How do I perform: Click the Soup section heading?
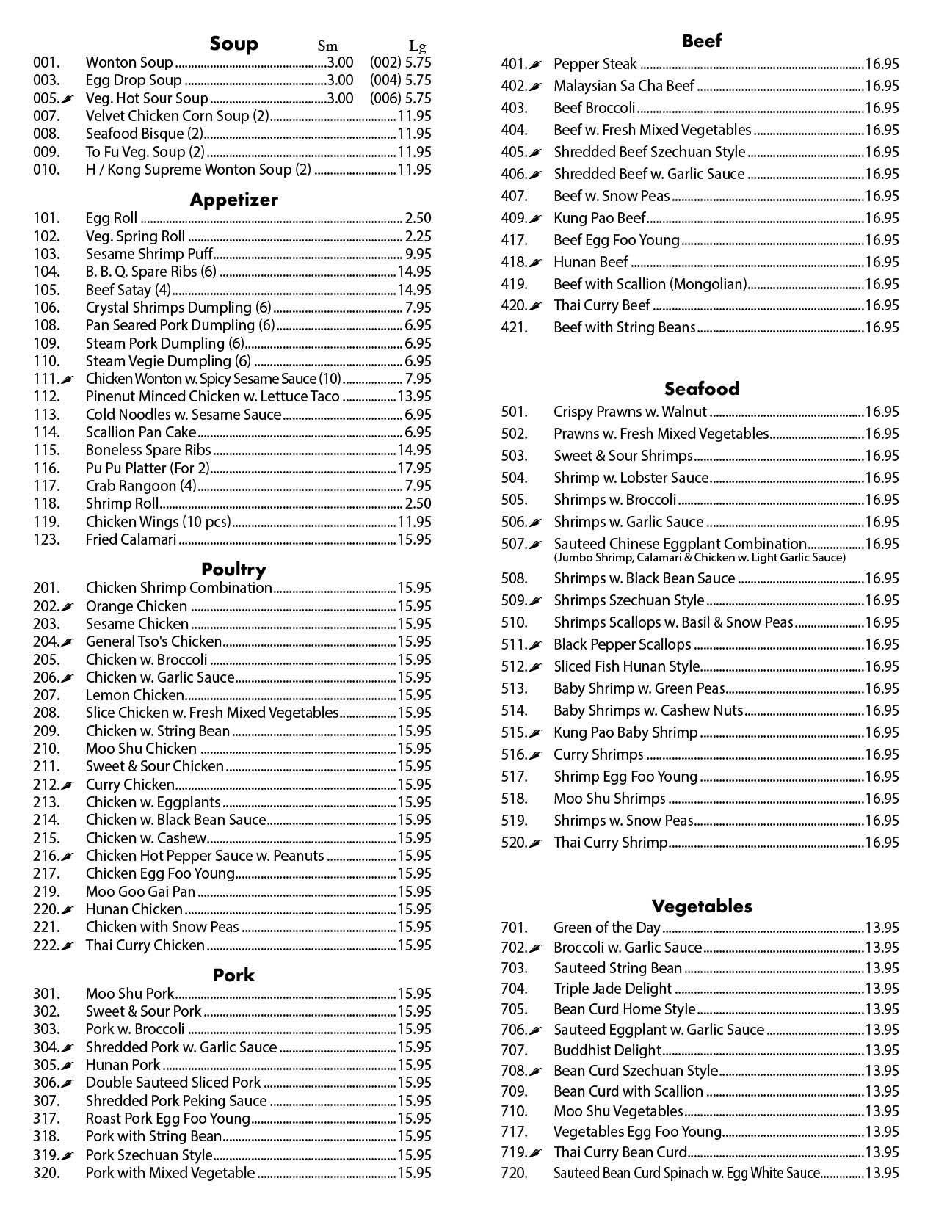pyautogui.click(x=233, y=44)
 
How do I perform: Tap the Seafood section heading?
pyautogui.click(x=701, y=388)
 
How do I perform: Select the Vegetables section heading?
pyautogui.click(x=701, y=906)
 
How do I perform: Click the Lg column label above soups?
pyautogui.click(x=416, y=46)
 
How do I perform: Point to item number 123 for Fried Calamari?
pyautogui.click(x=46, y=539)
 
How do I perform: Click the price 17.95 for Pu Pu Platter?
pyautogui.click(x=414, y=468)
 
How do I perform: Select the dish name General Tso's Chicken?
pyautogui.click(x=153, y=641)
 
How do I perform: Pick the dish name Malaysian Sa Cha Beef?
pyautogui.click(x=623, y=86)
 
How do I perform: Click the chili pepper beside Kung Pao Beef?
pyautogui.click(x=536, y=219)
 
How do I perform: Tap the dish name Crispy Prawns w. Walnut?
pyautogui.click(x=630, y=412)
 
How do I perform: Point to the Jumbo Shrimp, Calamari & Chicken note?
pyautogui.click(x=699, y=558)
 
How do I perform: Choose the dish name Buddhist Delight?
pyautogui.click(x=607, y=1050)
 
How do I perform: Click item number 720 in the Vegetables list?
pyautogui.click(x=514, y=1173)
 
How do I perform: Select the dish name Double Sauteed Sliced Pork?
pyautogui.click(x=173, y=1083)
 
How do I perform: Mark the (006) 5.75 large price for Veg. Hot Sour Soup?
pyautogui.click(x=400, y=98)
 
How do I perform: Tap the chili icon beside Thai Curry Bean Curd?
pyautogui.click(x=536, y=1153)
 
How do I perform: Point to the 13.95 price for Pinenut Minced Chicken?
pyautogui.click(x=414, y=396)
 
